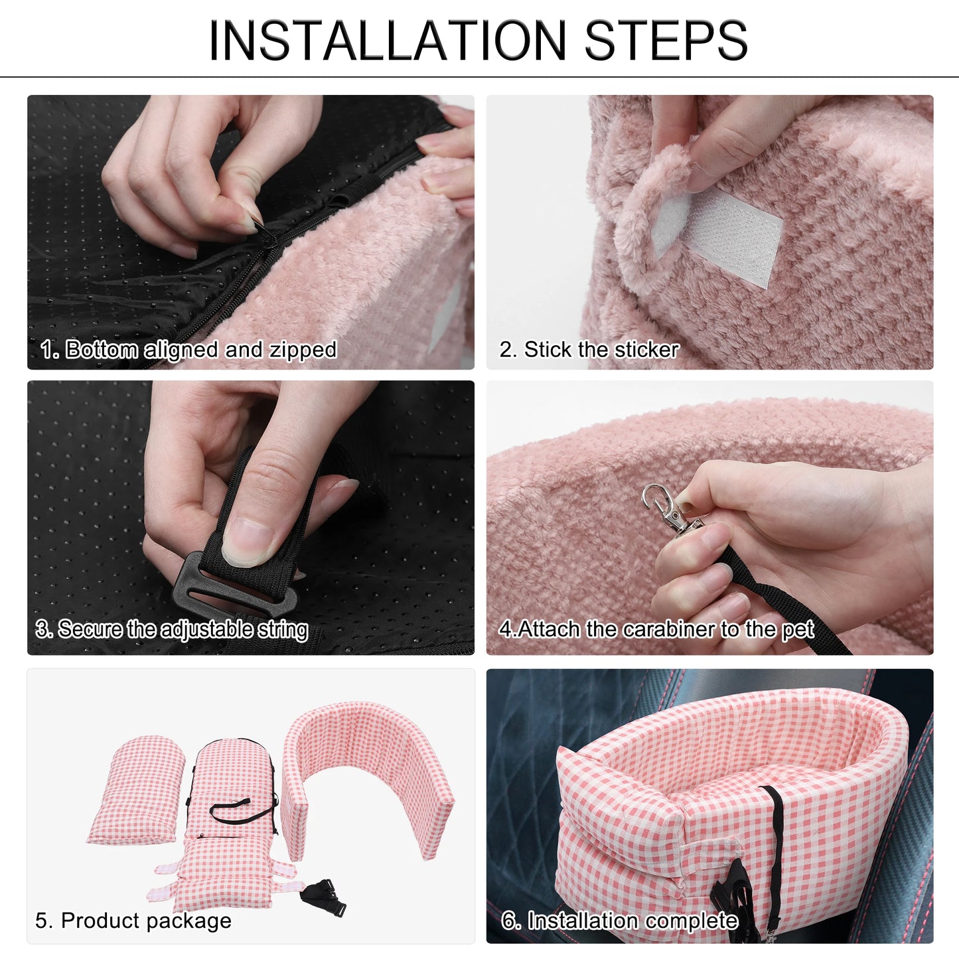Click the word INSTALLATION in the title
[x=388, y=40]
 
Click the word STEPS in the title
[x=666, y=40]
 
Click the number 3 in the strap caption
[x=42, y=630]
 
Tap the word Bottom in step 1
[x=102, y=350]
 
